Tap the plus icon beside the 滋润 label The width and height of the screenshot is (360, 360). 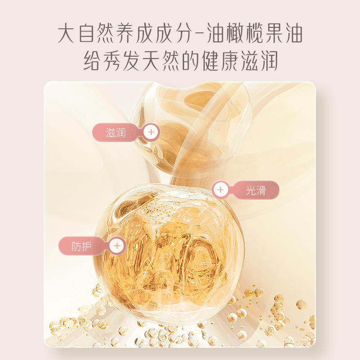[x=151, y=132]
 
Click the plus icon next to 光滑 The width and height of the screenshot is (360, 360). [x=220, y=189]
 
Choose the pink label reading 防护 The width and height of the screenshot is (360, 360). [x=81, y=246]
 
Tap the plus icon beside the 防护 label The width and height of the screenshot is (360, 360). [x=117, y=246]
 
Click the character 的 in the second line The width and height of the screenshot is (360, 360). [x=190, y=61]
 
